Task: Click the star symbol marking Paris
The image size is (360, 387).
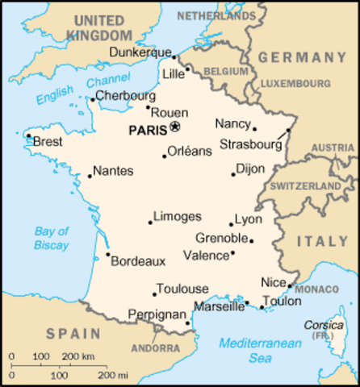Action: tap(175, 127)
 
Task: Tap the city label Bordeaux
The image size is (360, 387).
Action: tap(138, 261)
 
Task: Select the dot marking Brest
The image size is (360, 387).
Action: tap(29, 136)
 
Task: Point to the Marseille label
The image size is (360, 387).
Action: tap(219, 307)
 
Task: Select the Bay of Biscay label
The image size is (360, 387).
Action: tap(51, 238)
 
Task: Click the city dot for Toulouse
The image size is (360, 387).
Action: tap(154, 294)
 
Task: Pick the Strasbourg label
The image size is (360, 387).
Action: tap(251, 145)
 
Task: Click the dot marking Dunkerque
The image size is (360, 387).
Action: tap(173, 56)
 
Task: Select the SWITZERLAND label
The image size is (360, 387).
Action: tap(306, 185)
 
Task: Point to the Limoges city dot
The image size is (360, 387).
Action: tap(150, 223)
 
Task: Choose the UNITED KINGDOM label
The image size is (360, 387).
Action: tap(101, 27)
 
